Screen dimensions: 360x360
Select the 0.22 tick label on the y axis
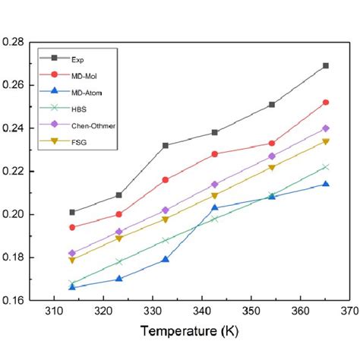(x=16, y=172)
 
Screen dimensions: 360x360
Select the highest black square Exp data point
(x=326, y=66)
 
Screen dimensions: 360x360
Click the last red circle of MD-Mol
(x=326, y=103)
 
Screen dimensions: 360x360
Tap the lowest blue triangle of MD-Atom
(x=72, y=287)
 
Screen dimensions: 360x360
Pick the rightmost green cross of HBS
(x=326, y=167)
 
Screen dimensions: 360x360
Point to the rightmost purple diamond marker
(x=326, y=128)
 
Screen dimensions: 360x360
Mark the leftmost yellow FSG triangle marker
(x=72, y=260)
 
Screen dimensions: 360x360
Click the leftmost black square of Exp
(x=72, y=213)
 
